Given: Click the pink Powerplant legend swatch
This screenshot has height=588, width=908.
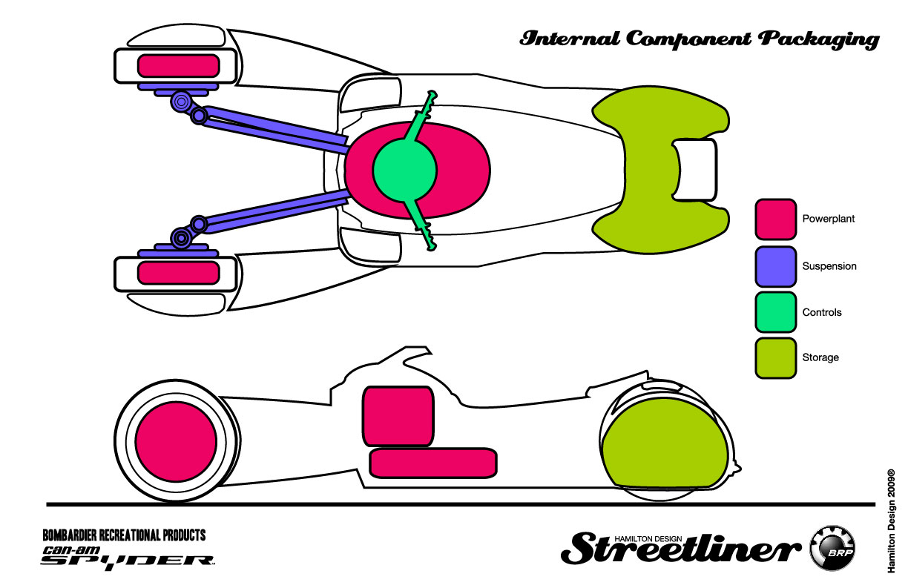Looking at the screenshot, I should point(775,219).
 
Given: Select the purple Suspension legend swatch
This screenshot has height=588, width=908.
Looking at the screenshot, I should point(775,266).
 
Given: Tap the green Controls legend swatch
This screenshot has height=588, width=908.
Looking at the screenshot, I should point(775,312).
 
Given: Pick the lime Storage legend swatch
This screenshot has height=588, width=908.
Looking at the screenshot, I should point(775,358).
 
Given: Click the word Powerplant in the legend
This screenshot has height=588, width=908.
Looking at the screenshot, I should point(829,219).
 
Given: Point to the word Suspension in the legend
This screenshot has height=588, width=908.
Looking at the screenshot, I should point(829,266).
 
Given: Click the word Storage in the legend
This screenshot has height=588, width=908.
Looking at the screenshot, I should point(820,358).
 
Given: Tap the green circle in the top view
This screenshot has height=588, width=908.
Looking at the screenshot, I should point(404,170).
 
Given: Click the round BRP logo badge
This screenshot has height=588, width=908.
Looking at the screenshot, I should point(832,550).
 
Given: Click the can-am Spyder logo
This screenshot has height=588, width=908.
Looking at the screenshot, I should point(127,556).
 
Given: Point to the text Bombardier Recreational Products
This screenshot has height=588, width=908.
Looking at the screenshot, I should point(124,535).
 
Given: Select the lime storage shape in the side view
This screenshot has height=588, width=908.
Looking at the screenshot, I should point(662,445).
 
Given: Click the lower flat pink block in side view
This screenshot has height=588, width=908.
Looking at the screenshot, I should point(433,463).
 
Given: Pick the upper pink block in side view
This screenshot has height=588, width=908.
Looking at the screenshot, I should point(398,415).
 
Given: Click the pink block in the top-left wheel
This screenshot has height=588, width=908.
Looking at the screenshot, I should point(178,65).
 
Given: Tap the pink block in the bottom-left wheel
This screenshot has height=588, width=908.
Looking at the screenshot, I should point(178,272).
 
